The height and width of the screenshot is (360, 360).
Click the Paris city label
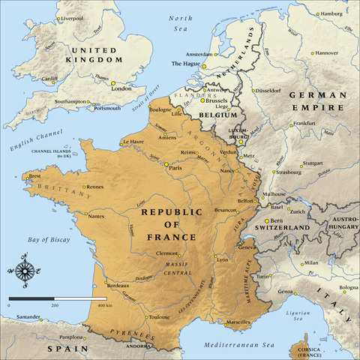(x=177, y=167)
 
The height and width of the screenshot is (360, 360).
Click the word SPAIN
(x=62, y=348)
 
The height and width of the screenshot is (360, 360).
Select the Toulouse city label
(x=159, y=317)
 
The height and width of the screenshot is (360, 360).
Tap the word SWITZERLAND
(x=282, y=226)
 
